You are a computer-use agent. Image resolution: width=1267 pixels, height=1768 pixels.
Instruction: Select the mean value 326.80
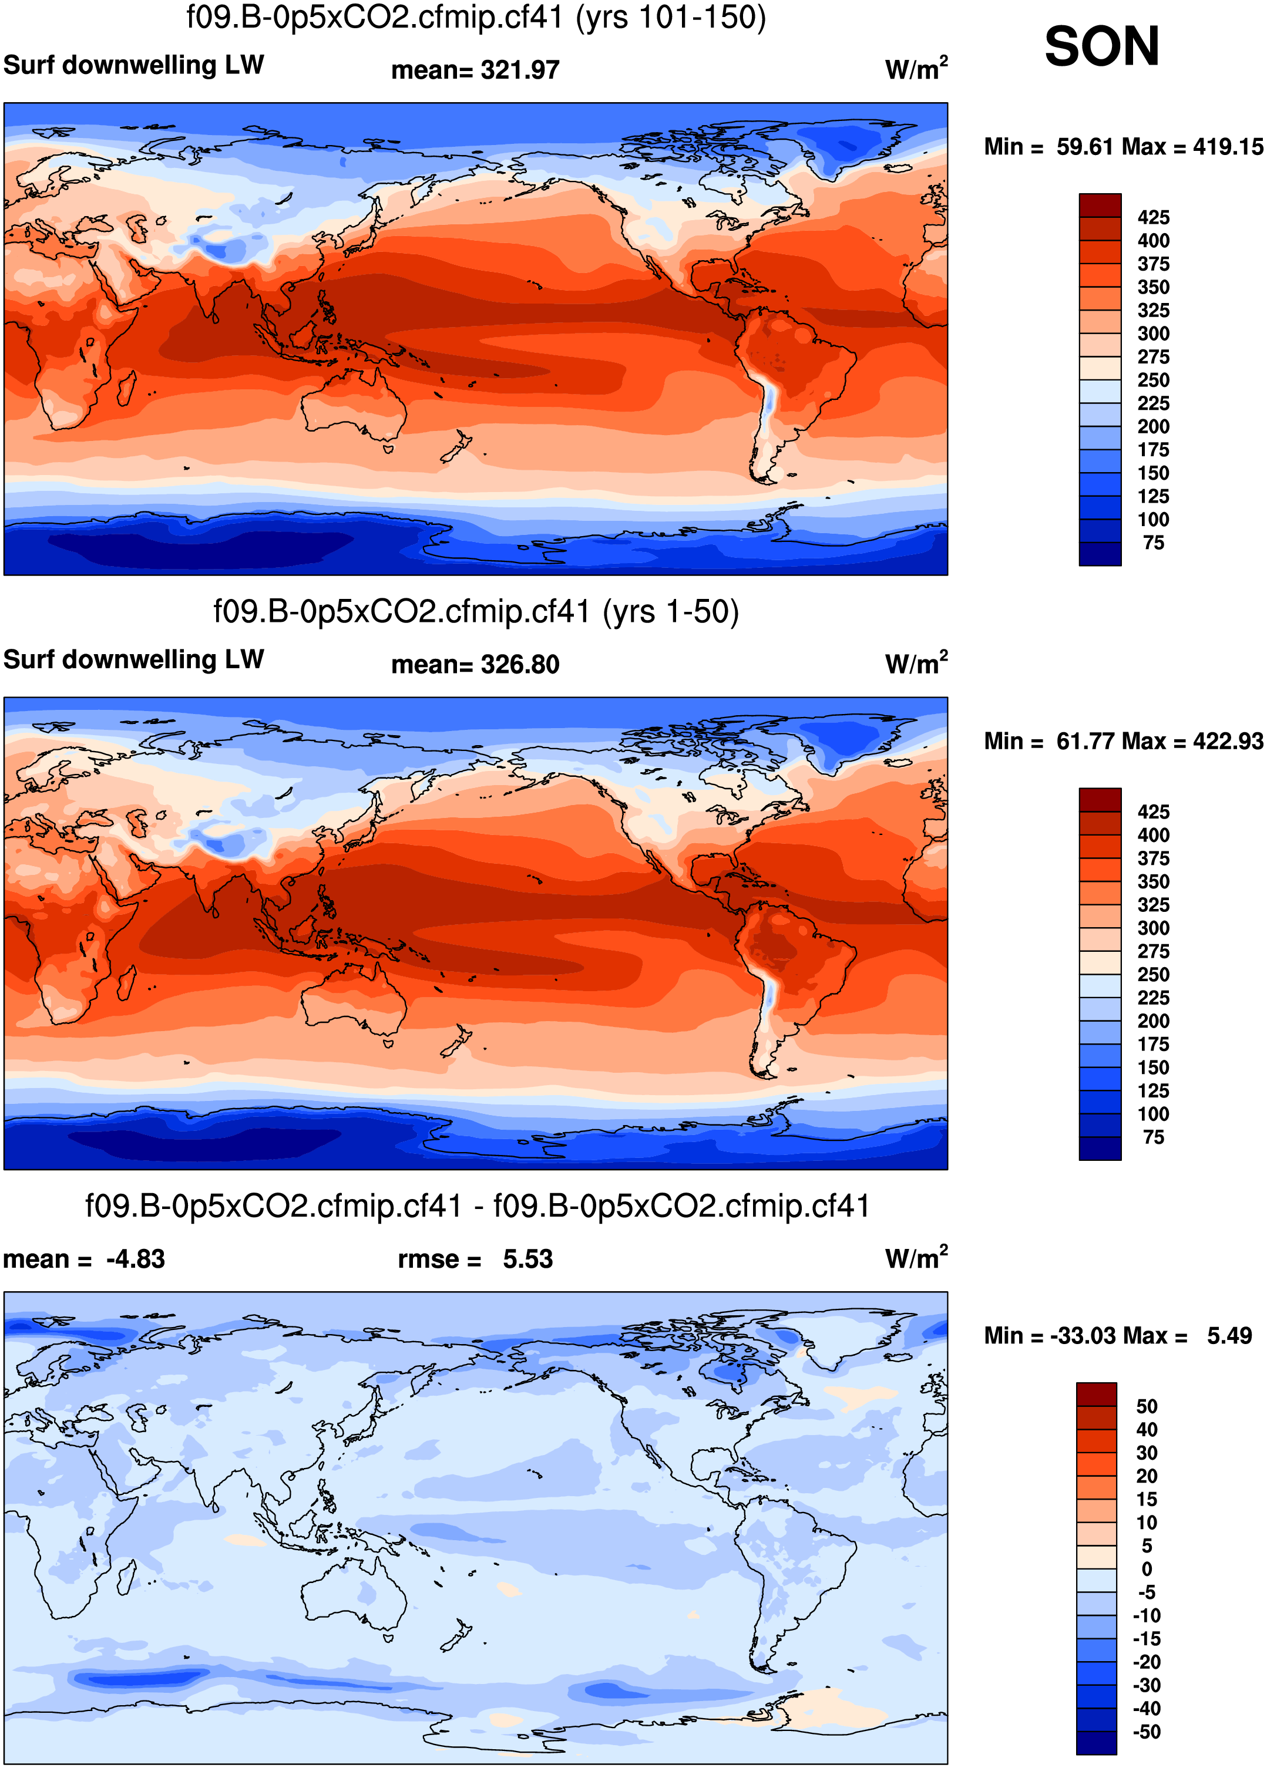519,665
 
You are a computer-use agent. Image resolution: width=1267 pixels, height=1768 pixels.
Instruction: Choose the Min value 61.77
1088,742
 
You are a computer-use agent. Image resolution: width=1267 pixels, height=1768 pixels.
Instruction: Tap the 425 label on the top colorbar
1152,217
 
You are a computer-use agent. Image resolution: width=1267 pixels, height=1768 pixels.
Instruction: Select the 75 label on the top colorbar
1153,543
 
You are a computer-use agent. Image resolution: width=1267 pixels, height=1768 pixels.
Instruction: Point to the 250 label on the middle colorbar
1152,975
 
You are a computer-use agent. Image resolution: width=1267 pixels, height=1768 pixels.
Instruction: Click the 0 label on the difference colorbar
1146,1568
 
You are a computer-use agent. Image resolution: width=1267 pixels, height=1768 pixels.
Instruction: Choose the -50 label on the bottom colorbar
1146,1732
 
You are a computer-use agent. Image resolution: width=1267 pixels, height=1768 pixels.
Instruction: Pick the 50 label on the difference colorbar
1146,1406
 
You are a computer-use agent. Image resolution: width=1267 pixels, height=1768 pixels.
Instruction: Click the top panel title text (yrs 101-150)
671,17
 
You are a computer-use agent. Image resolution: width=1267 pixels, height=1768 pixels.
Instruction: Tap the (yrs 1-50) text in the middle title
671,612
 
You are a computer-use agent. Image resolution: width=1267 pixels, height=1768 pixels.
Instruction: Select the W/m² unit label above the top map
916,69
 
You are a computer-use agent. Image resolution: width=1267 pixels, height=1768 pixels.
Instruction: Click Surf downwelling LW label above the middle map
133,659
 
